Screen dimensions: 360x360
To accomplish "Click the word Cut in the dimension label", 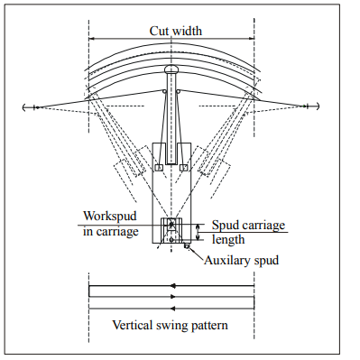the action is pos(158,31).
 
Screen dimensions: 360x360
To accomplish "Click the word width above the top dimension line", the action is pos(185,31).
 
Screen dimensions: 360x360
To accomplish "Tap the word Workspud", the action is pos(110,217).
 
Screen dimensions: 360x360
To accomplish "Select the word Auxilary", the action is pos(227,260).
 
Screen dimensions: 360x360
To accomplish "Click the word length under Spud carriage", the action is pos(228,240).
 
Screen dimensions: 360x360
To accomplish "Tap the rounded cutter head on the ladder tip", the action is pos(171,69).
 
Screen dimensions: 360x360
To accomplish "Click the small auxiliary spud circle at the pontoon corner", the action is pos(187,246).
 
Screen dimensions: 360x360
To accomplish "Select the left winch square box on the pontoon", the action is pos(159,168).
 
